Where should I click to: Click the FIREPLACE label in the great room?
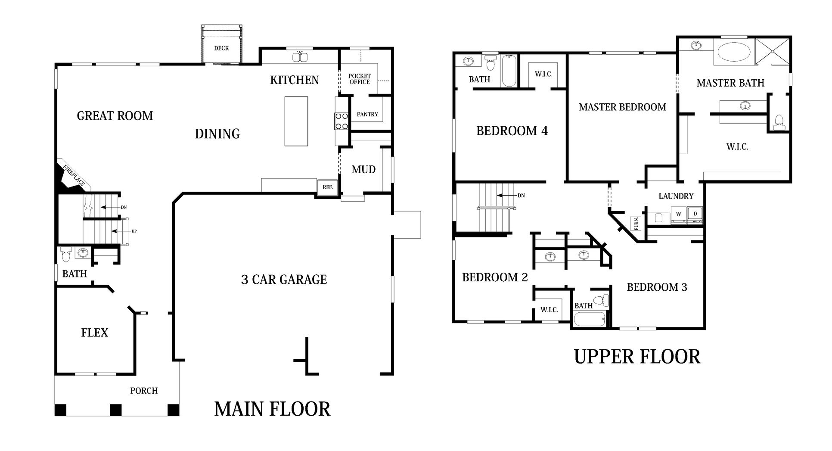click(x=74, y=176)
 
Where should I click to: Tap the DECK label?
click(x=221, y=48)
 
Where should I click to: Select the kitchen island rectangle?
click(x=296, y=121)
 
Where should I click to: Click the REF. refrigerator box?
click(x=328, y=187)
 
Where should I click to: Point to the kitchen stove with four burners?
click(x=341, y=121)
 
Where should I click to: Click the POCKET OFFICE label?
click(x=359, y=79)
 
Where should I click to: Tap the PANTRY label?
click(x=367, y=115)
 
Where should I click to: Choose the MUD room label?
click(x=363, y=170)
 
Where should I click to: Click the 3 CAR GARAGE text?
click(x=284, y=280)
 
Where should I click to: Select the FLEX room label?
click(x=95, y=333)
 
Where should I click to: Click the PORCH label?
click(x=144, y=391)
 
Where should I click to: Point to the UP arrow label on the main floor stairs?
click(x=134, y=231)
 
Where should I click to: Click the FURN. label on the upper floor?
click(x=636, y=224)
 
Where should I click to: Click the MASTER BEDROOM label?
click(x=622, y=107)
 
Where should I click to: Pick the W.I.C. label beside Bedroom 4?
click(x=543, y=74)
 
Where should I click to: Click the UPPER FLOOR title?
click(x=637, y=357)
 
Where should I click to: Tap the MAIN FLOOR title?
click(x=272, y=409)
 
